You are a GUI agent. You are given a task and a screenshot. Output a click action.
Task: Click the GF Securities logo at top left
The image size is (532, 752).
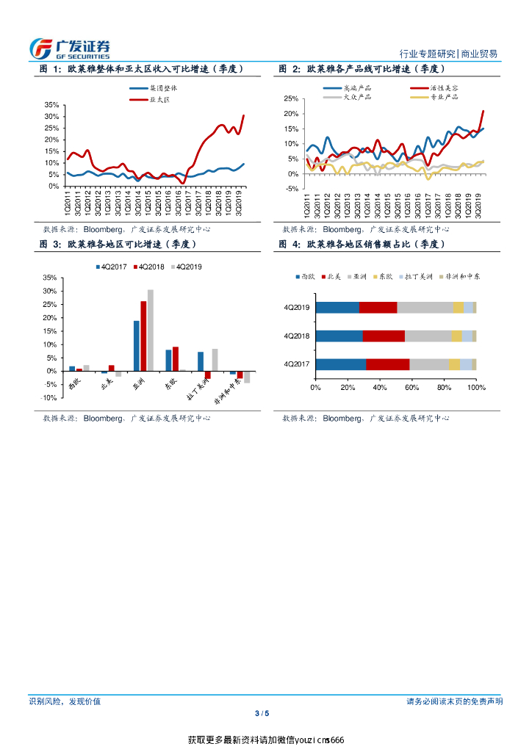(70, 48)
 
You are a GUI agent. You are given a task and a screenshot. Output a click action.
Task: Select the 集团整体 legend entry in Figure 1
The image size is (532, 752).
(162, 87)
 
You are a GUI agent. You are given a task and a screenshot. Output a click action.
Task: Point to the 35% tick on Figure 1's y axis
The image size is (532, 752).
(51, 105)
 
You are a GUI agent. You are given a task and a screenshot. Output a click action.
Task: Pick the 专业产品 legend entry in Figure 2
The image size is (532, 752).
(444, 96)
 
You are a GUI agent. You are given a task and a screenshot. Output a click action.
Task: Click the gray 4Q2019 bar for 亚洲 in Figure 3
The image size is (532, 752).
(151, 330)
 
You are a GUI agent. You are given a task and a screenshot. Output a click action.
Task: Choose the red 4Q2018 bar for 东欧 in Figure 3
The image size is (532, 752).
(175, 359)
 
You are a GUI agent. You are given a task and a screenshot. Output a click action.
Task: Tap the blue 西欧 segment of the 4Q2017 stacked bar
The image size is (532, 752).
(341, 364)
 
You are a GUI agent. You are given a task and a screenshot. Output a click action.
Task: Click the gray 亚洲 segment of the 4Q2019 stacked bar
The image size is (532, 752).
(425, 307)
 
